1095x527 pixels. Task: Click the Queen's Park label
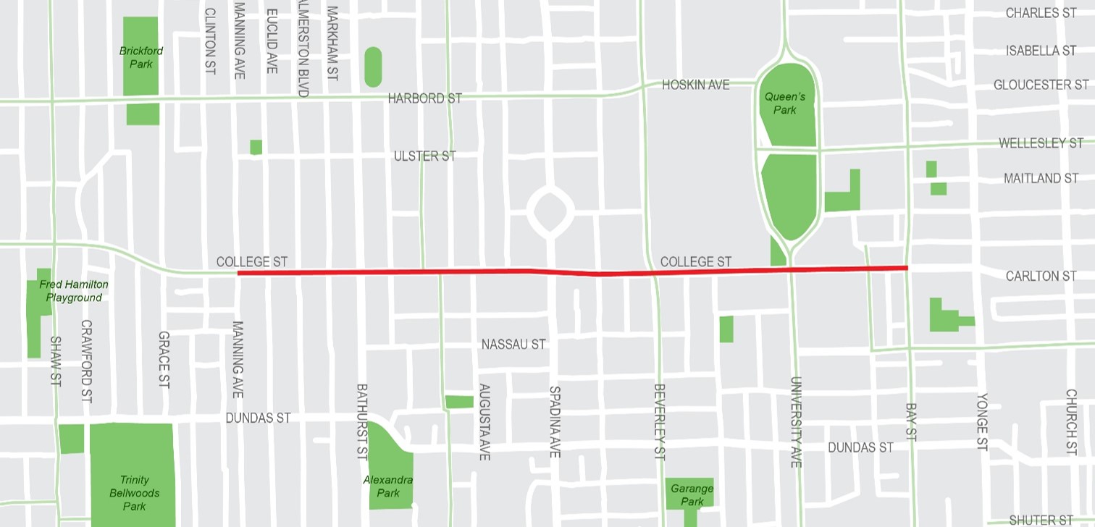(x=784, y=103)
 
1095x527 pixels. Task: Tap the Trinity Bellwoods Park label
(x=134, y=492)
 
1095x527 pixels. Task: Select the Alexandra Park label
(x=388, y=486)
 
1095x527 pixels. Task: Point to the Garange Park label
(x=692, y=494)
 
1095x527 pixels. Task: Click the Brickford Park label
(x=141, y=57)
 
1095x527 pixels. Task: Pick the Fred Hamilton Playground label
(x=71, y=291)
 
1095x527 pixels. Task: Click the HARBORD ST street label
(x=424, y=98)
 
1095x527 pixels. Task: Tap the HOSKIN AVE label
(x=695, y=85)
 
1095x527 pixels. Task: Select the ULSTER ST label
(x=424, y=156)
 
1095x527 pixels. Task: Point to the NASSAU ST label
(x=513, y=345)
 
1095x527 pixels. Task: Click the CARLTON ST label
(x=1041, y=276)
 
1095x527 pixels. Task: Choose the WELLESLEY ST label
(x=1041, y=143)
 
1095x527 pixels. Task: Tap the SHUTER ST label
(x=1041, y=520)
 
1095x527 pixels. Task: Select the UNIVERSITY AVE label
(x=795, y=421)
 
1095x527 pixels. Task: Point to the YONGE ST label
(x=982, y=422)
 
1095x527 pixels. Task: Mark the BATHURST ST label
(x=362, y=421)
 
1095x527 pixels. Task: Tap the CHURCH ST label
(x=1071, y=422)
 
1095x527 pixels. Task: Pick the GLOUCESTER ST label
(x=1041, y=85)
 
